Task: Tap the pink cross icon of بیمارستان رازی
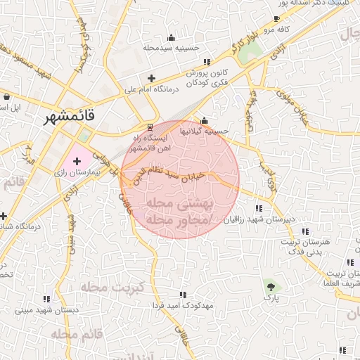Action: coord(77,162)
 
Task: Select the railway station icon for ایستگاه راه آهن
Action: coord(148,127)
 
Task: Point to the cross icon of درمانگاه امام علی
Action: coord(150,77)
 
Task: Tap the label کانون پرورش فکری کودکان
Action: coord(209,77)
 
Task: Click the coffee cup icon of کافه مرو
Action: coord(276,18)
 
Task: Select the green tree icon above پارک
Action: coord(271,286)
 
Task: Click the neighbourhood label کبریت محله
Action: coord(112,287)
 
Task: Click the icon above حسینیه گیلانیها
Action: coord(204,119)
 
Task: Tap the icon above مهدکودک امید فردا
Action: coord(184,295)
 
